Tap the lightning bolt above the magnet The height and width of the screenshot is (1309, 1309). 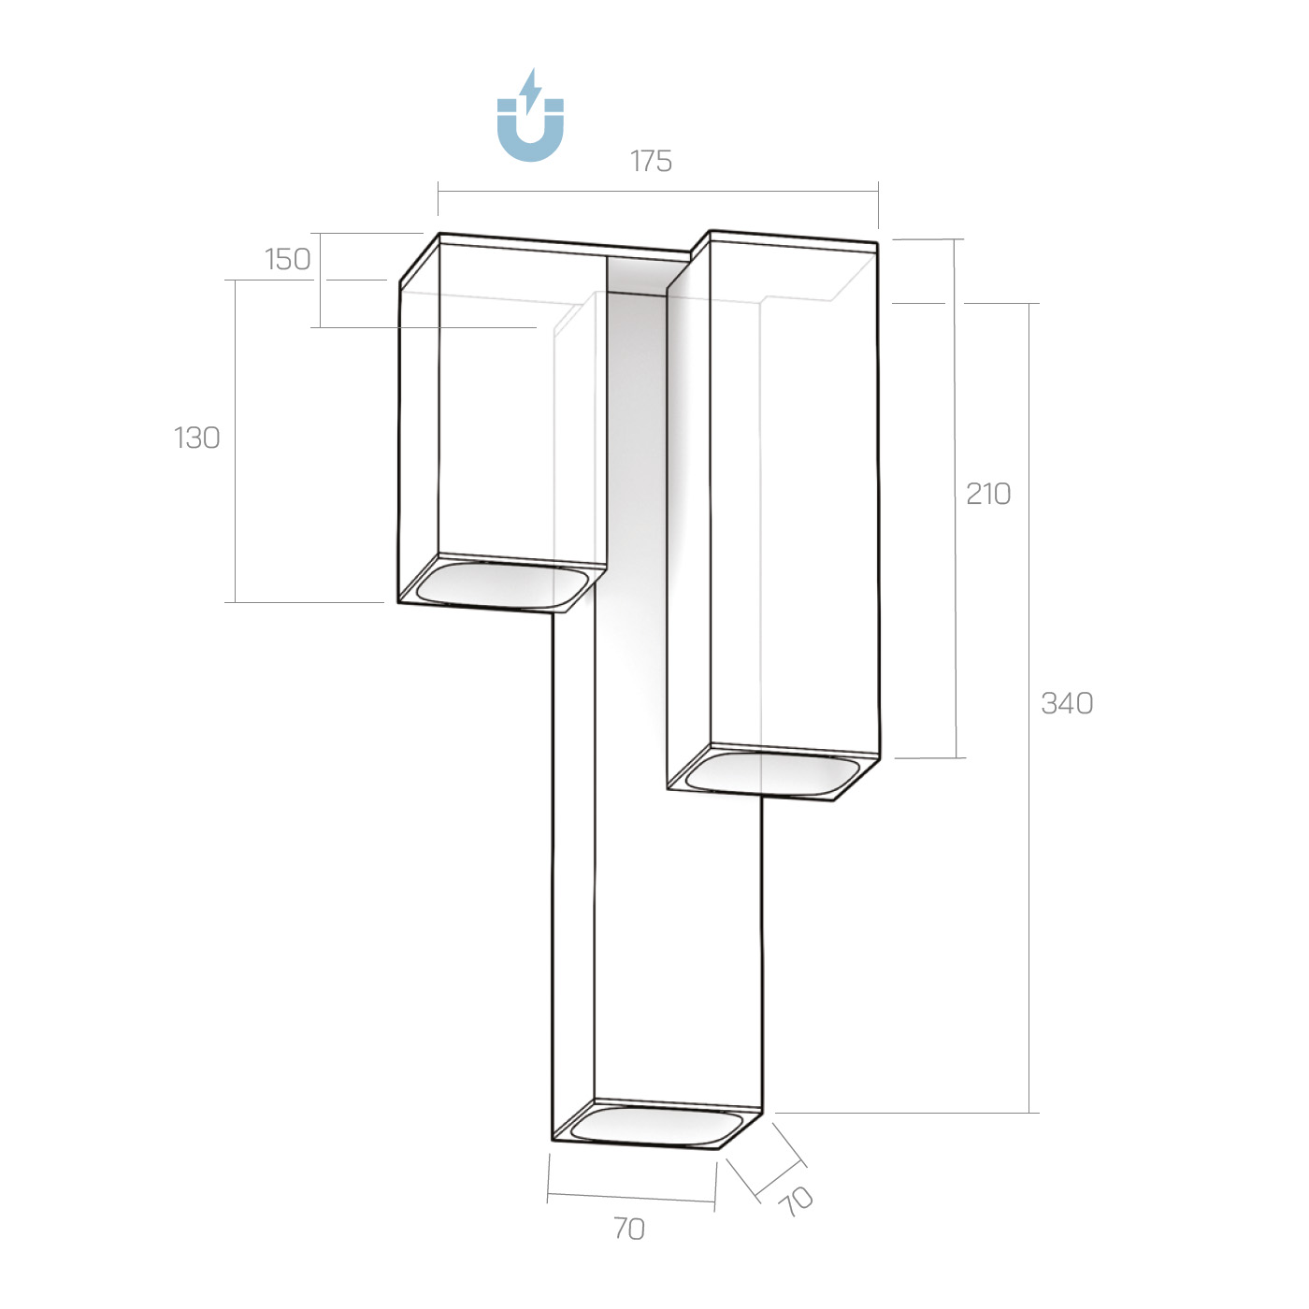531,89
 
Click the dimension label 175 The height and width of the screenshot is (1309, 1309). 651,162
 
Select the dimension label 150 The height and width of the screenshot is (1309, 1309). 287,259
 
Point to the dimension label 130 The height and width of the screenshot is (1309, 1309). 197,438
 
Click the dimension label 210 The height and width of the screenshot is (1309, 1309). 988,494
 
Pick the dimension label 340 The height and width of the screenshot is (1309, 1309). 1067,703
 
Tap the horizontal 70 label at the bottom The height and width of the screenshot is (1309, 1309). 629,1229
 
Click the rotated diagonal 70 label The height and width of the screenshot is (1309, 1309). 796,1201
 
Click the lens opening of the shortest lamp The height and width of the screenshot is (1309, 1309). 503,583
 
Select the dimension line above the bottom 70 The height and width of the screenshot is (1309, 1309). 631,1198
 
